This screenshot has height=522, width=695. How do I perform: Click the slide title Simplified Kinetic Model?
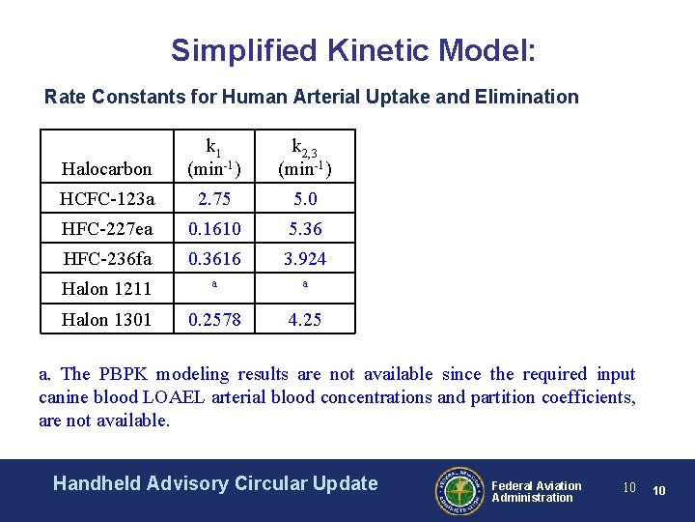(x=353, y=50)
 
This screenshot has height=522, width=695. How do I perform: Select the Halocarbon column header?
(x=106, y=169)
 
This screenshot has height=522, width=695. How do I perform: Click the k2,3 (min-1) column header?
(x=305, y=158)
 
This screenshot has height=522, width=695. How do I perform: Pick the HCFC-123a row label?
(x=106, y=199)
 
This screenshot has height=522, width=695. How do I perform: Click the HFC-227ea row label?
(x=106, y=229)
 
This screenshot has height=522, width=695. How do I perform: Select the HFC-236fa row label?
(x=106, y=259)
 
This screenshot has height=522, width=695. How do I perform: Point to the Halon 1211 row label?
(x=106, y=289)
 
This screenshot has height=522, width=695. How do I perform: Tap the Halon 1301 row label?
(x=106, y=319)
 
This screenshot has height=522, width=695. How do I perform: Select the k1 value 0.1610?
(x=214, y=229)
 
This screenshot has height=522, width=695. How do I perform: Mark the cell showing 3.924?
(x=305, y=259)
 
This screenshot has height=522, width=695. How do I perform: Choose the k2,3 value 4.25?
(x=305, y=319)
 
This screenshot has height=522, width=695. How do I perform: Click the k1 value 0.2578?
(x=214, y=319)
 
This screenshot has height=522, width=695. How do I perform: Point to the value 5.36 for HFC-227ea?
(x=305, y=229)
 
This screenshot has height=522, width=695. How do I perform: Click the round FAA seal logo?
(x=458, y=490)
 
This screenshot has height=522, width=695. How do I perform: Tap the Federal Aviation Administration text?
(x=537, y=491)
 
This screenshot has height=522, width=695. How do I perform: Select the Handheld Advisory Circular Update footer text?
(x=215, y=483)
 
